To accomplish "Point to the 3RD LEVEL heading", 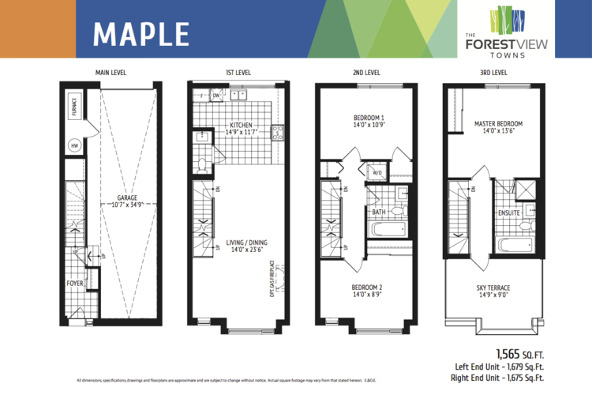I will coord(493,73).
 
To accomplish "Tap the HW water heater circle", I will coord(75,146).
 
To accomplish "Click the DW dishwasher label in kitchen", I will coord(215,96).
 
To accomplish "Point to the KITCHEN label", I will coord(241,125).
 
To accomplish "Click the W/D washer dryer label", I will coord(377,173).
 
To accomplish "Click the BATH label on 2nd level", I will coord(379,212).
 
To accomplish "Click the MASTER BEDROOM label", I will coord(498,124).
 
